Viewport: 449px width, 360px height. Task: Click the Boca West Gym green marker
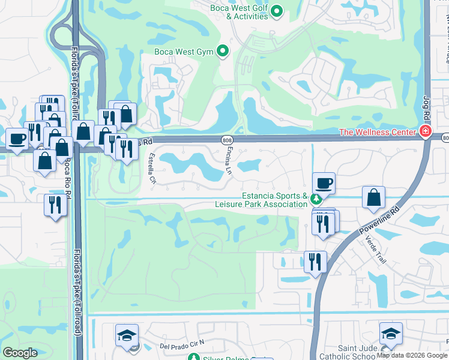223,52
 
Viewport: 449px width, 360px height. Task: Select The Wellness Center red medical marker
426,131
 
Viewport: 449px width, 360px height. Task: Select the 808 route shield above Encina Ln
227,140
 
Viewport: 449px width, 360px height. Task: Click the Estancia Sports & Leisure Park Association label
262,200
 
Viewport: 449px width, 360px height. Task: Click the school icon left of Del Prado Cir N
127,335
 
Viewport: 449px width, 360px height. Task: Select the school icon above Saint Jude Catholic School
391,333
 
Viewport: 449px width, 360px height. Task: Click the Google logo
20,353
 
